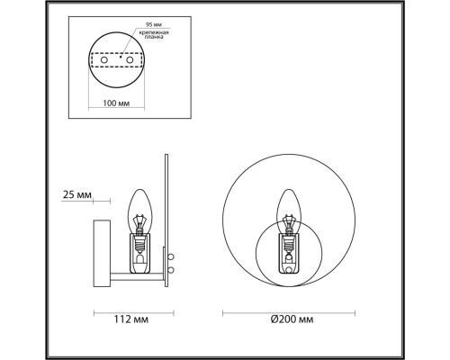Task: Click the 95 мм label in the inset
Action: tap(154, 24)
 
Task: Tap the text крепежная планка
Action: tap(154, 34)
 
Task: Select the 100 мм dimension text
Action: tap(116, 103)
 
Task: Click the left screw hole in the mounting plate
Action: tap(104, 60)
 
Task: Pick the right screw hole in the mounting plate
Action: tap(130, 60)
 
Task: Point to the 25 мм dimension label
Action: tap(77, 195)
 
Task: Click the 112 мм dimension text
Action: tap(131, 319)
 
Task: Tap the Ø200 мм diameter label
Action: tap(292, 319)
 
